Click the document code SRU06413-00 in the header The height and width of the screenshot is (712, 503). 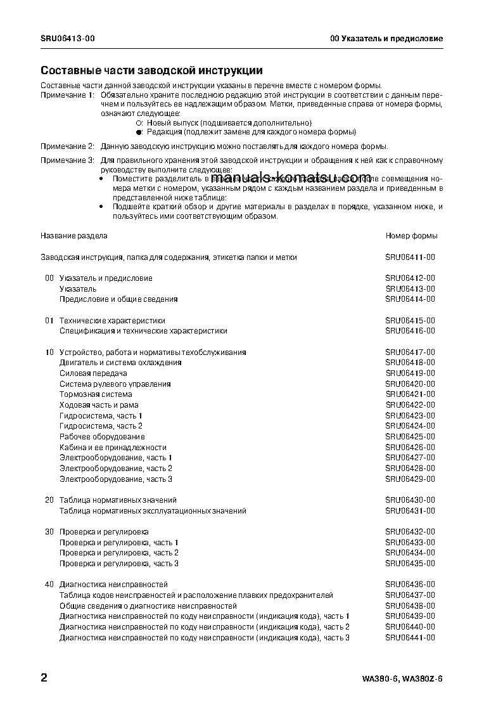point(68,39)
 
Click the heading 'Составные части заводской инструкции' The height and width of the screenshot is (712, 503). point(151,70)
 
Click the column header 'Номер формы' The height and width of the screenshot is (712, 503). point(411,236)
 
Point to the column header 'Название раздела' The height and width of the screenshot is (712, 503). point(74,236)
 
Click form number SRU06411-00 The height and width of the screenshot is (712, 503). point(411,257)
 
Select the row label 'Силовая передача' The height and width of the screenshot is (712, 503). point(93,373)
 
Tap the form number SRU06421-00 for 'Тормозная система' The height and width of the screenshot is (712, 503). point(411,394)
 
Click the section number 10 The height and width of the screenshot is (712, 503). point(49,353)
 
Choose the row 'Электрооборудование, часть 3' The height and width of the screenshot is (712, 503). point(116,479)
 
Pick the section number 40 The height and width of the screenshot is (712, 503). point(49,585)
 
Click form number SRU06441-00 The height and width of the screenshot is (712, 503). point(411,637)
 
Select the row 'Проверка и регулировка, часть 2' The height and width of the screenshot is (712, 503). point(119,553)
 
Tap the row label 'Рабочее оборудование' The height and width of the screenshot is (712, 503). point(102,437)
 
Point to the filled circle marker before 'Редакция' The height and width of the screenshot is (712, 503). point(139,133)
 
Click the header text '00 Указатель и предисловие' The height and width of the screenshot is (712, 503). point(386,39)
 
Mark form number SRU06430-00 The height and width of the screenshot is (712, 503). point(411,500)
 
